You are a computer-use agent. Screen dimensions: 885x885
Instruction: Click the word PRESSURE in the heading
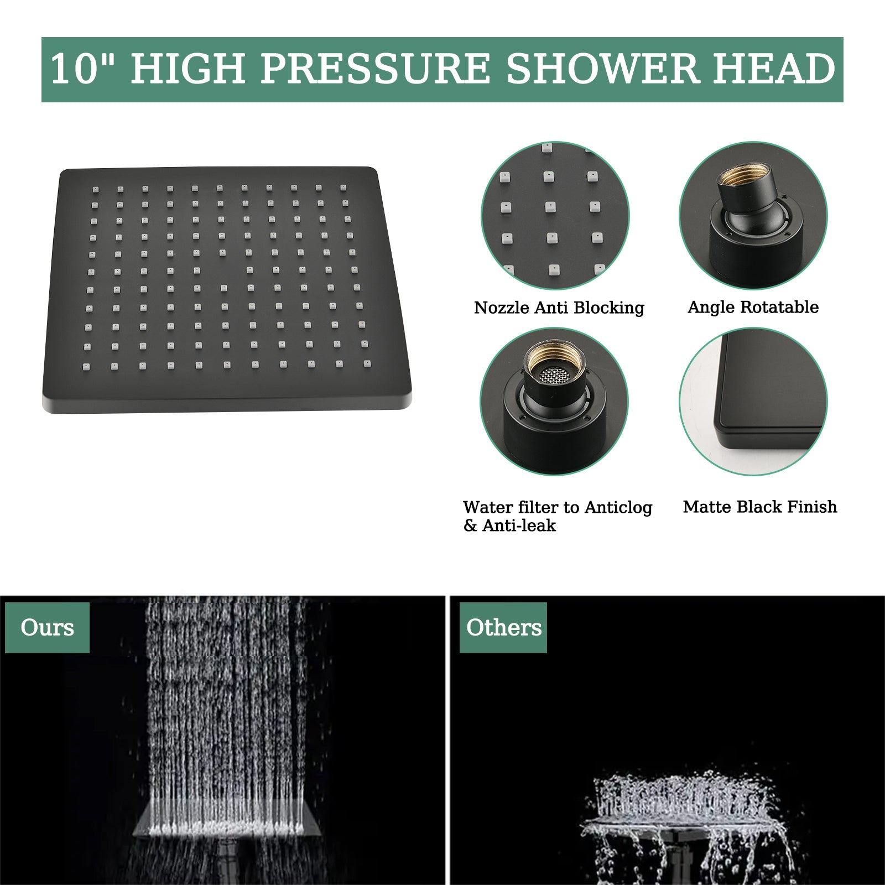tap(375, 69)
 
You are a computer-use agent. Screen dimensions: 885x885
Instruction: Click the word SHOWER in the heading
tap(603, 69)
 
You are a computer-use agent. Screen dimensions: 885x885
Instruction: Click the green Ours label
tap(47, 628)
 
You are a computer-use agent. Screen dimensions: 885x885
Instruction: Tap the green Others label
tap(503, 628)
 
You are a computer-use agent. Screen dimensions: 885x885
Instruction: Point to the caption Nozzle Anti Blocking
tap(559, 308)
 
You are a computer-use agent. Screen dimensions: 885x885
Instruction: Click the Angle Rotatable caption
tap(753, 307)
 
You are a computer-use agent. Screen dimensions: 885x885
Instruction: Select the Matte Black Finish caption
tap(759, 507)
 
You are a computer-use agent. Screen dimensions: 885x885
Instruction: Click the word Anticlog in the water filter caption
tap(618, 507)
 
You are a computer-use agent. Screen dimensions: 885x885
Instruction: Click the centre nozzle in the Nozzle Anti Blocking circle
tap(549, 207)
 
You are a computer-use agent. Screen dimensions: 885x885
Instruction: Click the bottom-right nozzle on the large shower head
tap(367, 363)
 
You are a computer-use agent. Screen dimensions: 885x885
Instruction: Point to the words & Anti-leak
tap(509, 525)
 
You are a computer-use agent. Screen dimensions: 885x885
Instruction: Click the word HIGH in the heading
tap(188, 69)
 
